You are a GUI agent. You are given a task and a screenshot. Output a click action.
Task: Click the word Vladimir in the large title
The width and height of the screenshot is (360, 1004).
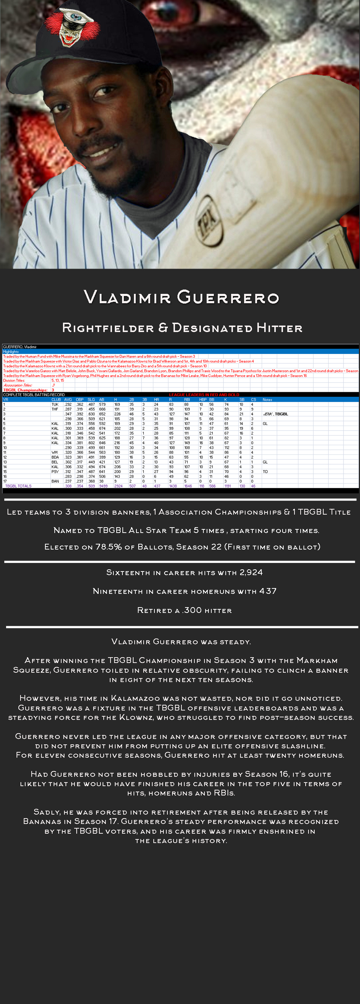(127, 297)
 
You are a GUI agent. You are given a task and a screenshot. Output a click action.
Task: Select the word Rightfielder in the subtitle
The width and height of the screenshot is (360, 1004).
(108, 328)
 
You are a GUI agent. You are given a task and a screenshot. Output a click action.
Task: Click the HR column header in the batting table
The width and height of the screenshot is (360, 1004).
(156, 399)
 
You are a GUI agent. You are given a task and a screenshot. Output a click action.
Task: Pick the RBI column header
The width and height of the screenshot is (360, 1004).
(187, 399)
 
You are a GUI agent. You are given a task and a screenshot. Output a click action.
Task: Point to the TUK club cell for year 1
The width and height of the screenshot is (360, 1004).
(55, 404)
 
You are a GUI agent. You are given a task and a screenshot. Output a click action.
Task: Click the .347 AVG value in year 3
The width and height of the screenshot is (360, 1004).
(68, 414)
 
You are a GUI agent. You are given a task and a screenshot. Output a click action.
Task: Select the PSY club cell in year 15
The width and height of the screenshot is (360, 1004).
(55, 472)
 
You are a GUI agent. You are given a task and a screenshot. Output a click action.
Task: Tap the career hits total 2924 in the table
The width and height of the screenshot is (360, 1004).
(118, 486)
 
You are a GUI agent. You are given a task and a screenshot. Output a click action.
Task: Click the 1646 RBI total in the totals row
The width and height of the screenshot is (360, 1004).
(188, 486)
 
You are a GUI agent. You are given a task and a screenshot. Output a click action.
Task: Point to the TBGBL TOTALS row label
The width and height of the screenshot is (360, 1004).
(18, 486)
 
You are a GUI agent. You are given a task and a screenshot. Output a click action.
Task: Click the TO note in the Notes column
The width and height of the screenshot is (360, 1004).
(265, 472)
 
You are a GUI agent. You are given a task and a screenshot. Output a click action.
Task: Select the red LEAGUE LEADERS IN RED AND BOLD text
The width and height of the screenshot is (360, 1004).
(204, 395)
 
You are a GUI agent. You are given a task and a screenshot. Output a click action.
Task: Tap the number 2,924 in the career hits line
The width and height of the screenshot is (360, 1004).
(251, 572)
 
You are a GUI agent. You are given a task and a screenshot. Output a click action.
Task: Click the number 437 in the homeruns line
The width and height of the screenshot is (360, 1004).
(268, 591)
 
